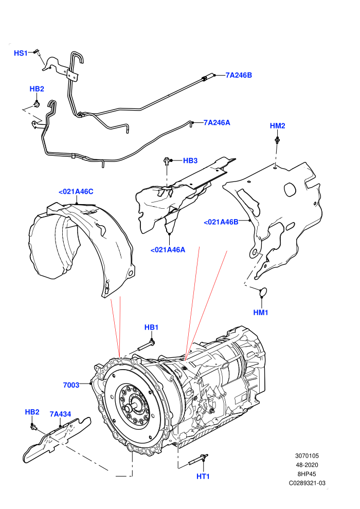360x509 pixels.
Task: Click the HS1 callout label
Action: click(21, 53)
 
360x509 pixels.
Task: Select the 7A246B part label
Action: click(239, 75)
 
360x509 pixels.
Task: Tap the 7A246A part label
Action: click(217, 123)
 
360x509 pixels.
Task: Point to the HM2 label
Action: click(278, 126)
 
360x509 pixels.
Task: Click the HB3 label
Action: click(190, 161)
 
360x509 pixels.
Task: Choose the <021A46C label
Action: click(76, 192)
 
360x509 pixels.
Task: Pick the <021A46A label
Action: click(168, 250)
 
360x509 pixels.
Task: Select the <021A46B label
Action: click(221, 222)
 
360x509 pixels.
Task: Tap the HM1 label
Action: click(261, 313)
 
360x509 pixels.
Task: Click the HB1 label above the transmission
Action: click(151, 328)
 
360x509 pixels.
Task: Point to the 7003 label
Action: click(71, 385)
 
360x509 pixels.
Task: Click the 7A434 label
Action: click(60, 414)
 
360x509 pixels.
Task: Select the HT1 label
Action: click(203, 477)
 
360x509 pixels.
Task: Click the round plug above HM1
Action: click(263, 292)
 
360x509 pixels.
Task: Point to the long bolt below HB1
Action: click(146, 346)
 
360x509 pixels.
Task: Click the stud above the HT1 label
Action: click(198, 460)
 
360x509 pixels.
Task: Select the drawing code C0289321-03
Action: click(307, 483)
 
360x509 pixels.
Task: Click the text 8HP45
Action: click(307, 474)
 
